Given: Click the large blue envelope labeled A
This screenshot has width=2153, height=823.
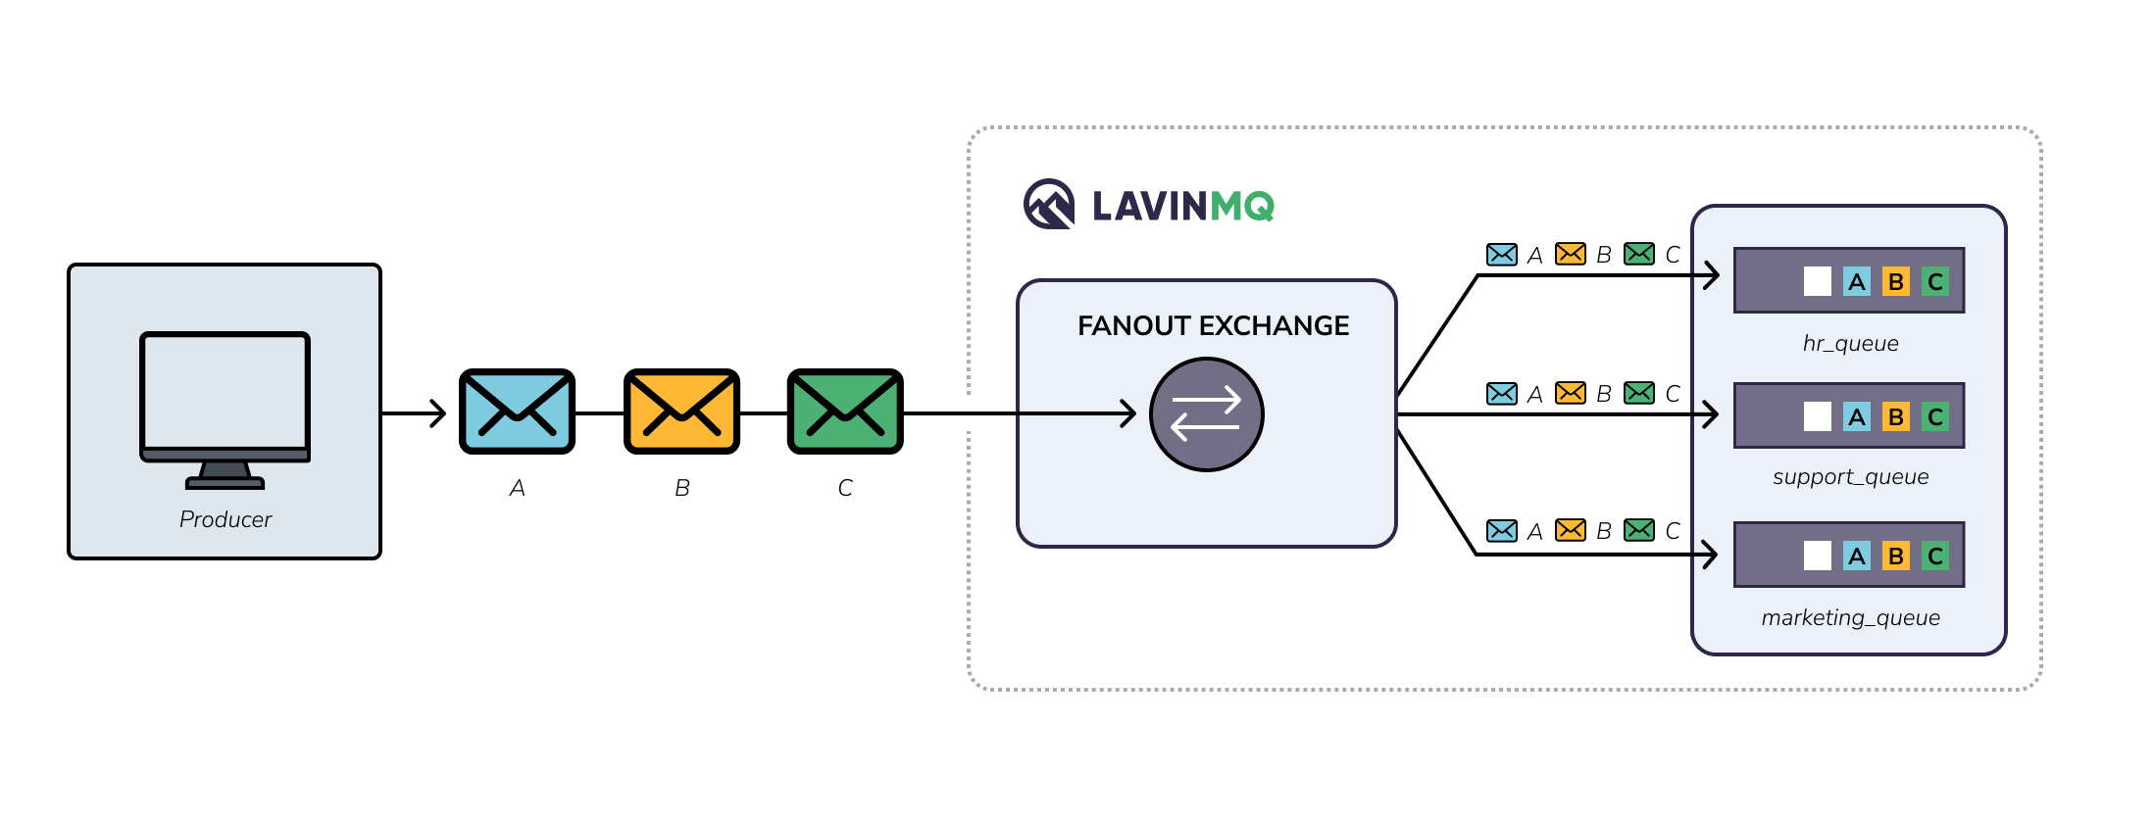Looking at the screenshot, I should [517, 411].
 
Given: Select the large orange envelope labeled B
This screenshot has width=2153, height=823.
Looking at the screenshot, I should [681, 411].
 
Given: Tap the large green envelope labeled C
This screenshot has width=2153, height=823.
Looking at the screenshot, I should [845, 411].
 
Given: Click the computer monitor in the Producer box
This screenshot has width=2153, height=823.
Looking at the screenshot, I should [225, 397].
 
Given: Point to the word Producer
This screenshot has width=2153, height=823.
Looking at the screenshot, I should [225, 519].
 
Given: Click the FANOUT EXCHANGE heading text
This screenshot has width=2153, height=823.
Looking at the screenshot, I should [1213, 325].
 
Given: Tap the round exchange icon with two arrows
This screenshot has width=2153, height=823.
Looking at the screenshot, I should [1206, 414].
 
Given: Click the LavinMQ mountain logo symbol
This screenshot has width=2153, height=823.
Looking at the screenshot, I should [1049, 204].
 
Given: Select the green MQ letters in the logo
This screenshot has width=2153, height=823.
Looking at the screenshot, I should [1242, 206].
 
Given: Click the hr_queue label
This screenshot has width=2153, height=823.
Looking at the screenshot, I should [1850, 343].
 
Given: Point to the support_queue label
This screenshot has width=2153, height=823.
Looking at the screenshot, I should [1850, 477].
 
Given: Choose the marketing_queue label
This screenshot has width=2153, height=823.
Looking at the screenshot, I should [1850, 617].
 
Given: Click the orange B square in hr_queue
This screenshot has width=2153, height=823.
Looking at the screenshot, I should [1895, 282].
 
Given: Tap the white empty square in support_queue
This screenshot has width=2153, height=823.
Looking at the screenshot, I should [1817, 416].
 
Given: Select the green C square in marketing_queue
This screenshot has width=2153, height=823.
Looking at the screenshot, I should [1934, 557].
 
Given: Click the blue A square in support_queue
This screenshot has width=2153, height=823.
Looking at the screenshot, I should [1856, 416].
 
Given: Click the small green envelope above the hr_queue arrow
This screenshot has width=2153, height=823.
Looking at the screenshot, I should [1638, 254].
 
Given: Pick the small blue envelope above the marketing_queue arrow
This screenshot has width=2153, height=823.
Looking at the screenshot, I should [1501, 530].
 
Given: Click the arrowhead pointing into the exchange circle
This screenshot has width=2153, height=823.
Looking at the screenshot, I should [1128, 413].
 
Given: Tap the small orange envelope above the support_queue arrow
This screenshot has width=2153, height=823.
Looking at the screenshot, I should [1570, 393].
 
